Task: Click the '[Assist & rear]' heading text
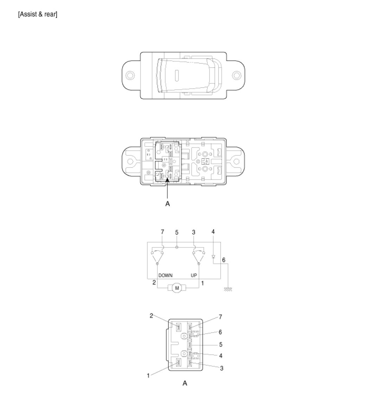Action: click(x=38, y=14)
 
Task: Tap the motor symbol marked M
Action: click(x=177, y=288)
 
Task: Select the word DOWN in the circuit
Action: click(x=165, y=275)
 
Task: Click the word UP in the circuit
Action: click(x=194, y=275)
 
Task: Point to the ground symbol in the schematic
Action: click(x=228, y=289)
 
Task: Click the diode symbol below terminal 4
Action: click(x=213, y=257)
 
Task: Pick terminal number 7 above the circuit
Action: click(x=162, y=231)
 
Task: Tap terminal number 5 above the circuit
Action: click(x=177, y=232)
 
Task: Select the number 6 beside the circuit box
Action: click(x=224, y=260)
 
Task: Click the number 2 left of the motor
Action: click(x=154, y=283)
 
